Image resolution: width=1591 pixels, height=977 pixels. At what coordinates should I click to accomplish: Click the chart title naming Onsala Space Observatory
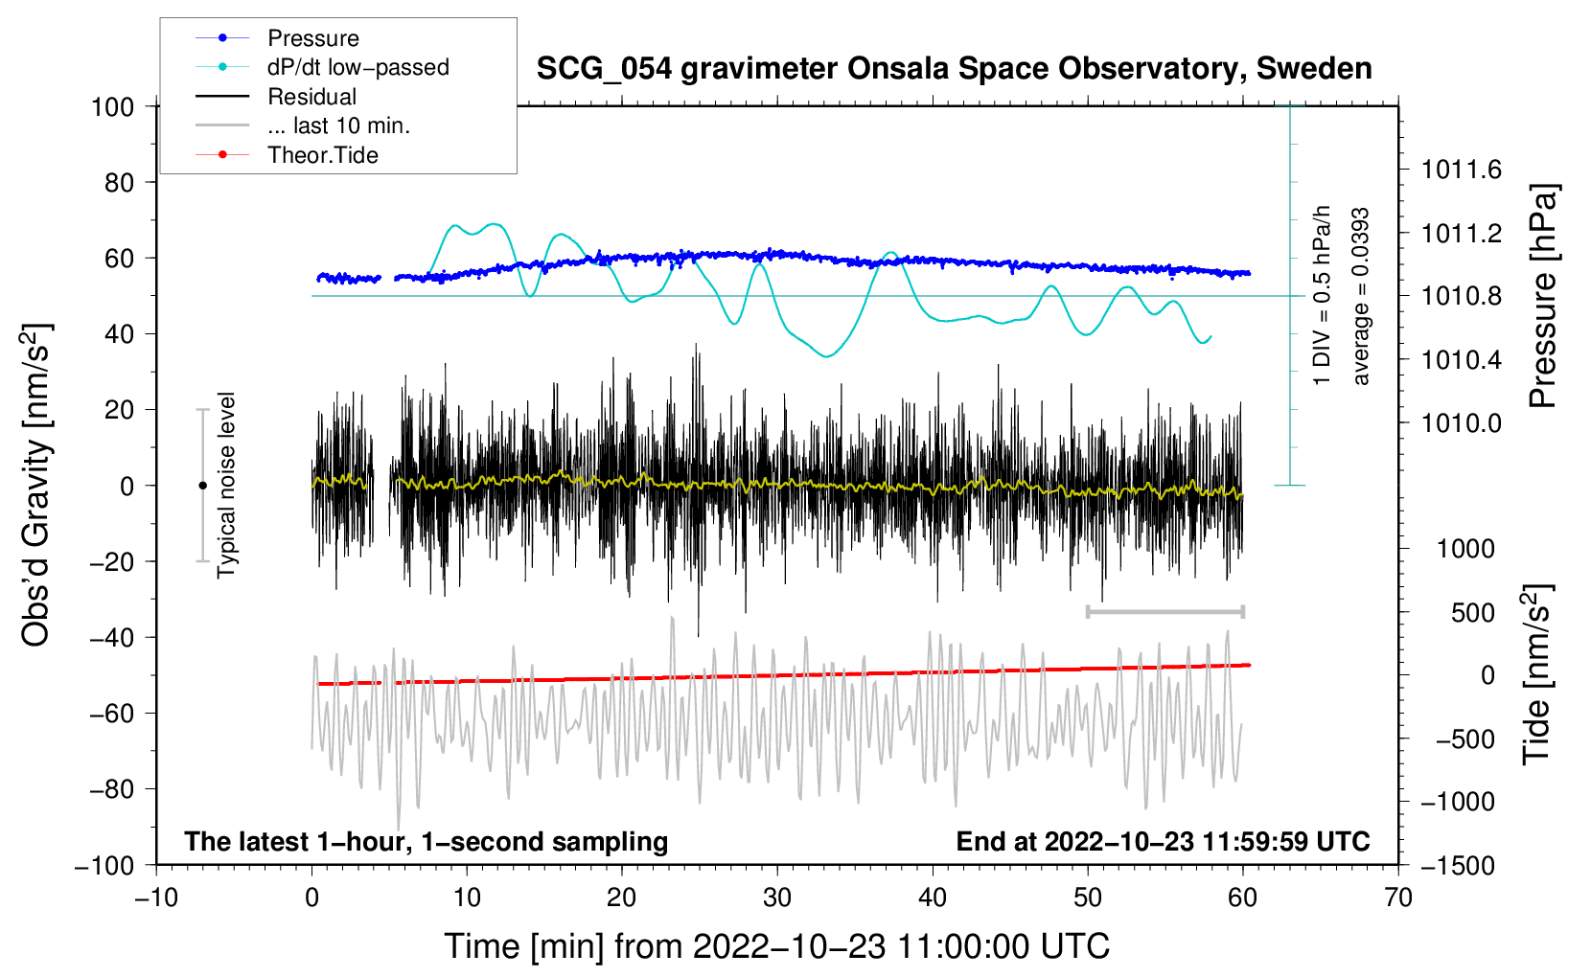point(954,69)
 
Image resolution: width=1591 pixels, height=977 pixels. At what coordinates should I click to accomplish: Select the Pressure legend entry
point(312,38)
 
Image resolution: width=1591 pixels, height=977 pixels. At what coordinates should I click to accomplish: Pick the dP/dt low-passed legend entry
point(357,67)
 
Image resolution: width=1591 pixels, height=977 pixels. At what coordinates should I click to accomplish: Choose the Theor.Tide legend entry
point(322,155)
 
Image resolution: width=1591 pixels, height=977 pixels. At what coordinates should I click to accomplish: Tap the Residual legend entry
point(311,97)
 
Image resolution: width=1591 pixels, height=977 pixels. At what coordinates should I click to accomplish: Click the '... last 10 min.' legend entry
point(338,125)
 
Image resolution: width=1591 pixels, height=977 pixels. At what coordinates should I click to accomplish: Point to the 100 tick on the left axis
point(113,106)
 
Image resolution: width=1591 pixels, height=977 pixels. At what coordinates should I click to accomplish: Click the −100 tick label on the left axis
point(106,865)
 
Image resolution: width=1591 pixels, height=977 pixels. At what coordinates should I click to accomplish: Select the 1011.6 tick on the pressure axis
point(1461,170)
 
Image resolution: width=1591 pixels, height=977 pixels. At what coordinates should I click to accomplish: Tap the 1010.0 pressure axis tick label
point(1461,422)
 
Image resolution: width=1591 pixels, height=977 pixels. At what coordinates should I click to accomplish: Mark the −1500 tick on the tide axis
point(1458,865)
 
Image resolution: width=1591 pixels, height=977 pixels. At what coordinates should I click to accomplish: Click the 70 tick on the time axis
point(1398,897)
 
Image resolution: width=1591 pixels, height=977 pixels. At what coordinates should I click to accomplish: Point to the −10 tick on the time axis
point(156,897)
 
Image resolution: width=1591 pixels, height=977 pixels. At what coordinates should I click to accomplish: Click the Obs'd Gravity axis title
point(35,486)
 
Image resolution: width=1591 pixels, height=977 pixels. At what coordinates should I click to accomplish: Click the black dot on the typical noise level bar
point(202,486)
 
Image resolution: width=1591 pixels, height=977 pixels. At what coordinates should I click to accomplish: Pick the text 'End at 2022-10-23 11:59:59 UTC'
point(1163,841)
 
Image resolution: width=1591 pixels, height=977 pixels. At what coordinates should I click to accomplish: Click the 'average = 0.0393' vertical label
point(1360,297)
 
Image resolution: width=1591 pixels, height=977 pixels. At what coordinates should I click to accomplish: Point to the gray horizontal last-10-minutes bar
point(1164,611)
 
